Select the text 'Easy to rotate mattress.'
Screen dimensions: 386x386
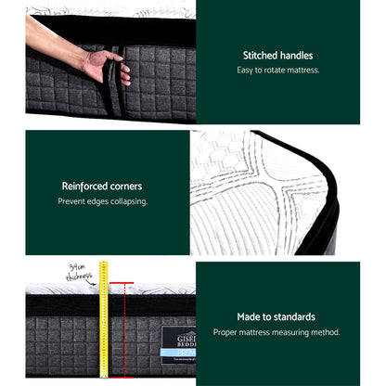pos(277,71)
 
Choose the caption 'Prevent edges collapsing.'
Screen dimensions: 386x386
pos(103,201)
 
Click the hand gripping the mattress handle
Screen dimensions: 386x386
pos(106,67)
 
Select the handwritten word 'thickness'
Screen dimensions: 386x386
pos(78,276)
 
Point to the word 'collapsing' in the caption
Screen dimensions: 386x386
pos(128,201)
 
